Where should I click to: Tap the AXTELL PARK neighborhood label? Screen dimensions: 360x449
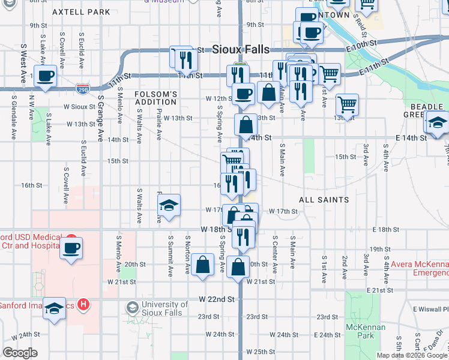(x=81, y=12)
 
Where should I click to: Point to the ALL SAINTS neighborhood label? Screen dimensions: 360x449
(x=324, y=199)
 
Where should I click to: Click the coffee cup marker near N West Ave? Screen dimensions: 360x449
(x=45, y=76)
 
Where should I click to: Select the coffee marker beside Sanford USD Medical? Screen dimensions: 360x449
(x=71, y=247)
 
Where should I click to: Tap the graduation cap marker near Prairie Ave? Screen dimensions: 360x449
(x=169, y=205)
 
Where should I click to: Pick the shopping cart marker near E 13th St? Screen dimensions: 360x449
(x=347, y=104)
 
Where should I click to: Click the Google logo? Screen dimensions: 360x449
(x=20, y=353)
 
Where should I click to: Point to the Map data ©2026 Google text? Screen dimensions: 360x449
(x=411, y=355)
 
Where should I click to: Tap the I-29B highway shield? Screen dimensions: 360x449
(x=83, y=89)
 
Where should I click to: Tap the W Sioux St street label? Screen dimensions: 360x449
(x=80, y=106)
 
